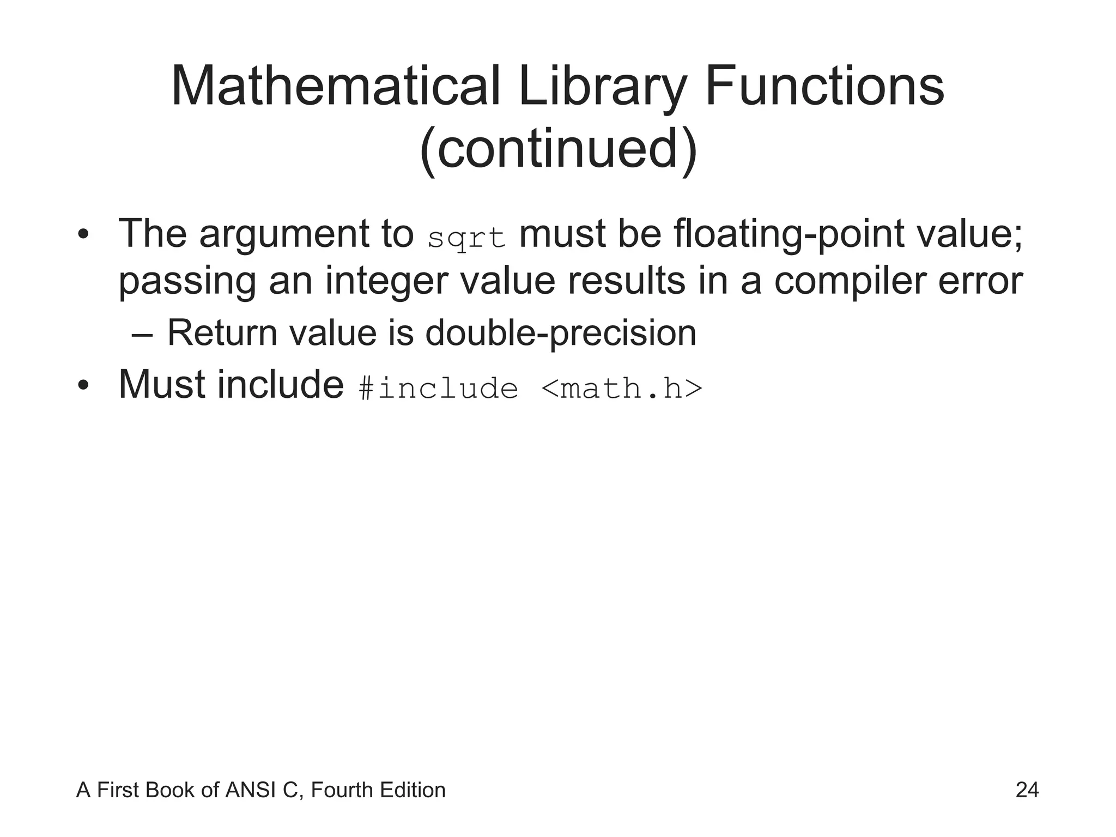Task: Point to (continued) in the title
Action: pos(558,149)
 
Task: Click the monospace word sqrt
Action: pos(467,239)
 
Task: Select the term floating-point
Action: pos(788,234)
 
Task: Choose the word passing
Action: pos(187,282)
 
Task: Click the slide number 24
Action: pos(1027,790)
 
